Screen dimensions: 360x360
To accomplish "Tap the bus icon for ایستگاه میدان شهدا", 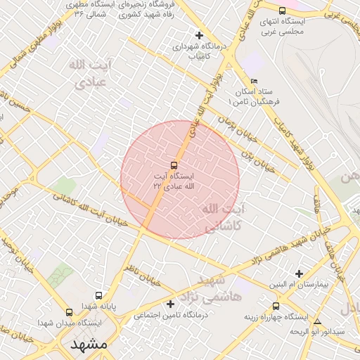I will (69, 312).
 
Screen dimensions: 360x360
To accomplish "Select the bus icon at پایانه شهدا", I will (98, 296).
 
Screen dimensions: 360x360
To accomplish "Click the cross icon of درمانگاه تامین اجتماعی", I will (170, 304).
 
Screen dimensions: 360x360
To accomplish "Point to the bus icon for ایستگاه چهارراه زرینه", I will (276, 306).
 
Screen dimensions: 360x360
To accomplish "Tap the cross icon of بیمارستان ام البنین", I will (300, 274).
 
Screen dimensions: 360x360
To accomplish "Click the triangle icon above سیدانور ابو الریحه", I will (317, 321).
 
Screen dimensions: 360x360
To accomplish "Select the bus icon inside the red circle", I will (174, 165).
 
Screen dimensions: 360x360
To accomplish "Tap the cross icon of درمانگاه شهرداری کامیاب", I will (199, 34).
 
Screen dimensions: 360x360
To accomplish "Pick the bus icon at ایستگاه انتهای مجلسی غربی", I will (283, 11).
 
